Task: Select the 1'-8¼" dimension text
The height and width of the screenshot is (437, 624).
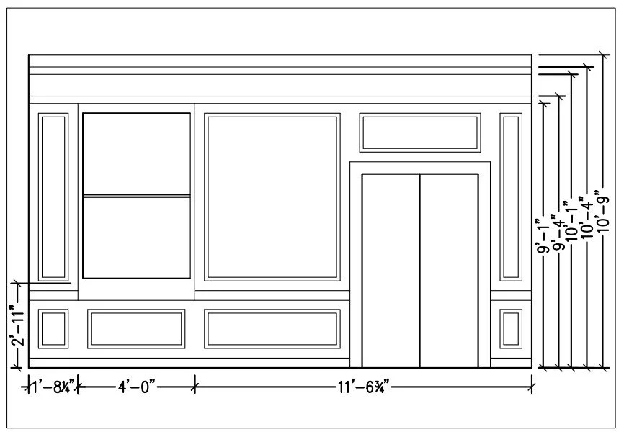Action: (52, 388)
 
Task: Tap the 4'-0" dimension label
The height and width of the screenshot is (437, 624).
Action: (136, 388)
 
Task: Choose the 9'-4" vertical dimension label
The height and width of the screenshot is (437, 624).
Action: (556, 230)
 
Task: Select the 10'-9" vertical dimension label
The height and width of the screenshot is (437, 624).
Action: (604, 209)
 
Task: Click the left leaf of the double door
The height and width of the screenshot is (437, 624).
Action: (391, 270)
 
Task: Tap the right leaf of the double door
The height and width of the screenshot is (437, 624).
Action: (449, 270)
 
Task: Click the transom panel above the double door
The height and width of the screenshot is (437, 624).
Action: (420, 132)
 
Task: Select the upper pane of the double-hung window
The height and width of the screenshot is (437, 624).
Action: (136, 153)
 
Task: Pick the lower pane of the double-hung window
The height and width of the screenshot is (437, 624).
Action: (136, 237)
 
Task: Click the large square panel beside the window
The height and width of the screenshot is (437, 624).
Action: (272, 197)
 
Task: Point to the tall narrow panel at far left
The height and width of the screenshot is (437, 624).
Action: (53, 197)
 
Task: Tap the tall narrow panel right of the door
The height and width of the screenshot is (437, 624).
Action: (511, 197)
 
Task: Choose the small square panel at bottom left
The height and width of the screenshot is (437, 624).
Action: (53, 328)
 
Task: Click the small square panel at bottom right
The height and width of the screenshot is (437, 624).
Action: (511, 328)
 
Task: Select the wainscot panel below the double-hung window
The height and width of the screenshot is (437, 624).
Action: (135, 328)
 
